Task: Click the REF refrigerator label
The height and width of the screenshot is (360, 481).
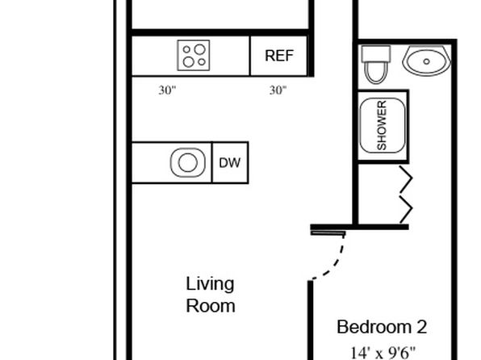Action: click(x=279, y=56)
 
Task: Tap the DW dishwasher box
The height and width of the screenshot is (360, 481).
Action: click(x=230, y=163)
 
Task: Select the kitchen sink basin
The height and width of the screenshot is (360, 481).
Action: click(x=188, y=162)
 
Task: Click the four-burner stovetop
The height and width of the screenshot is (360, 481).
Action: click(x=194, y=55)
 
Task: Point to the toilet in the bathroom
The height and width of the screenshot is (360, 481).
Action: click(x=376, y=65)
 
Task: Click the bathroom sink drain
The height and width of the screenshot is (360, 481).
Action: click(x=426, y=61)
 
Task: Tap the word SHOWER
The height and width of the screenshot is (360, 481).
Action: click(x=382, y=126)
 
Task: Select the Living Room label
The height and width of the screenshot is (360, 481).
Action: click(x=211, y=295)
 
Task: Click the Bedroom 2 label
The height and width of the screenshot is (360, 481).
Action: click(x=382, y=327)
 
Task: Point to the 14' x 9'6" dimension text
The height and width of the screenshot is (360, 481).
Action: click(x=383, y=353)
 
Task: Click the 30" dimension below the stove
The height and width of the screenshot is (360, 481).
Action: click(x=168, y=90)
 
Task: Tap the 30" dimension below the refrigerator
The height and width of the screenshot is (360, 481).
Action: click(x=278, y=90)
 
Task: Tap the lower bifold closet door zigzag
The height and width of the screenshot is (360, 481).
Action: click(x=405, y=209)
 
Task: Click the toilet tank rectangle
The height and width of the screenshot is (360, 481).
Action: click(x=376, y=54)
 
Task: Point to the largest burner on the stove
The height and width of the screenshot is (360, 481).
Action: click(x=199, y=49)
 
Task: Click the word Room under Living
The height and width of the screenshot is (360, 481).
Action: click(x=211, y=306)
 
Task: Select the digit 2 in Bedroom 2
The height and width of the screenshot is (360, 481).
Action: click(x=422, y=327)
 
